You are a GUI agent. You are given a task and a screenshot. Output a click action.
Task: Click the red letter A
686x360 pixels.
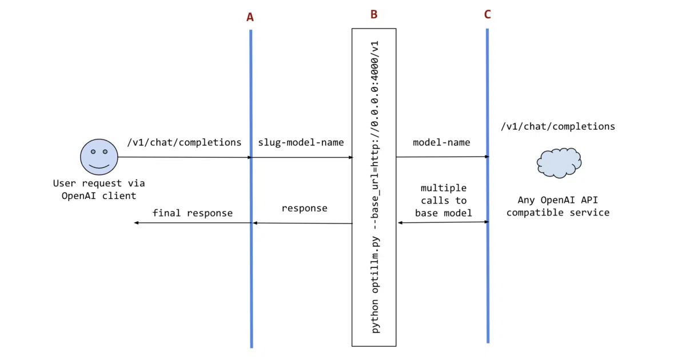250,17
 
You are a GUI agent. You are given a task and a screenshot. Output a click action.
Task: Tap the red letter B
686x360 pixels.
374,14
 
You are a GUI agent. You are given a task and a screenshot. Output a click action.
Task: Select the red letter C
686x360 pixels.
487,14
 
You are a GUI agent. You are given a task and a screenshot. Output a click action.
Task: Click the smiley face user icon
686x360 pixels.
99,157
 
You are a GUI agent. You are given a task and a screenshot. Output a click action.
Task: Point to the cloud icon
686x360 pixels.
559,163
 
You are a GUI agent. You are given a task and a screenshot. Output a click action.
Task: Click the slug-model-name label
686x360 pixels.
301,142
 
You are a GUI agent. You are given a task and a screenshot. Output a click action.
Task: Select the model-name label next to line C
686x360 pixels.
441,142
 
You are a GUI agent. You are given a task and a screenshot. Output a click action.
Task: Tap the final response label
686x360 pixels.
193,213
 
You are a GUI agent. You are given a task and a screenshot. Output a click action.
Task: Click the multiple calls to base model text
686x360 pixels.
444,201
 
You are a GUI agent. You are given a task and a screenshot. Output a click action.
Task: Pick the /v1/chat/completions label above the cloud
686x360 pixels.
558,126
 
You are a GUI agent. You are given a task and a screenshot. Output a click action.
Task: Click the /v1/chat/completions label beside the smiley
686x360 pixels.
184,142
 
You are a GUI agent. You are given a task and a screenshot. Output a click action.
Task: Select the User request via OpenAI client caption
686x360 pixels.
99,190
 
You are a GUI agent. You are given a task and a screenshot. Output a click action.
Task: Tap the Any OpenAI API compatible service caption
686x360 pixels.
558,206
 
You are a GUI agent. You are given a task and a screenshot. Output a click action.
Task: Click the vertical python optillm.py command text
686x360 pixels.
374,187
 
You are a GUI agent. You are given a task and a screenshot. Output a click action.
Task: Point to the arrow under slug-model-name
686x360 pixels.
302,157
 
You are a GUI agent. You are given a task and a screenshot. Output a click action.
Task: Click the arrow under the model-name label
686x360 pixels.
442,157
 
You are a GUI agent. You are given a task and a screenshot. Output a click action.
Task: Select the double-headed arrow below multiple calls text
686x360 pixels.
443,222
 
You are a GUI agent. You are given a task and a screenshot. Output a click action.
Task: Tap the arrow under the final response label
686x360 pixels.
193,222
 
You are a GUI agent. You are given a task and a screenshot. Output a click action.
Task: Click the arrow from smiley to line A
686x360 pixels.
185,157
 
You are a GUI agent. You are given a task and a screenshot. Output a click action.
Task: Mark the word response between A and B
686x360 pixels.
304,209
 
